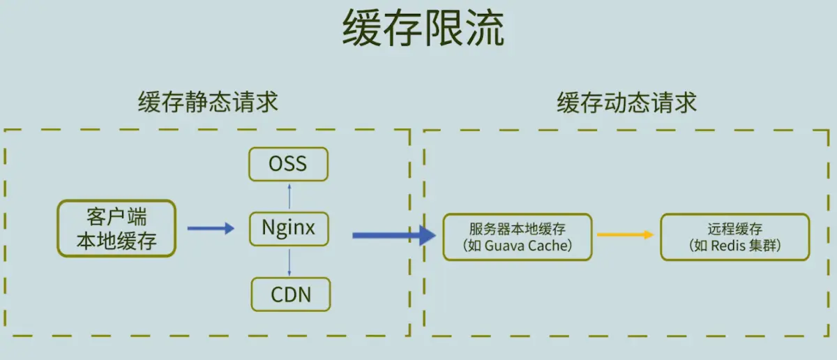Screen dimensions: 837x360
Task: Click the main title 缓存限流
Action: coord(423,28)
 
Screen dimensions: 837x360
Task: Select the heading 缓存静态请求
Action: coord(208,102)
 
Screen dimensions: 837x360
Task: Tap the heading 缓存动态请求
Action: coord(626,103)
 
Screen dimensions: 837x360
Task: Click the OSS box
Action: coord(289,164)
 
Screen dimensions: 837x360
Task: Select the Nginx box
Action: coord(289,229)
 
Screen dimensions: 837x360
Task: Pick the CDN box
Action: coord(291,294)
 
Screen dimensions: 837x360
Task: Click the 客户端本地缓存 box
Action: coord(116,228)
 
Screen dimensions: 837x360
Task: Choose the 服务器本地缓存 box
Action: coord(518,237)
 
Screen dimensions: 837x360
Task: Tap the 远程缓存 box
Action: coord(735,237)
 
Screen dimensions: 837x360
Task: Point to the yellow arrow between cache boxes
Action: coord(625,234)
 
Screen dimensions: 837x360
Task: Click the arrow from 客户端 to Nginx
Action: coord(211,228)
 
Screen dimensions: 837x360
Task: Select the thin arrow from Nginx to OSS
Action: coord(289,196)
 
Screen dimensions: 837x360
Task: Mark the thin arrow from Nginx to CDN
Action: coord(289,263)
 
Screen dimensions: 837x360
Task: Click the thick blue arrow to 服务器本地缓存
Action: coord(394,236)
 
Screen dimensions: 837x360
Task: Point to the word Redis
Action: coord(725,246)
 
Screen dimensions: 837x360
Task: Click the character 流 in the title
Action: coord(485,28)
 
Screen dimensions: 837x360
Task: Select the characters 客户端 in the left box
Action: coord(116,217)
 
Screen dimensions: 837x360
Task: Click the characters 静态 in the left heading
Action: coord(208,102)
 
